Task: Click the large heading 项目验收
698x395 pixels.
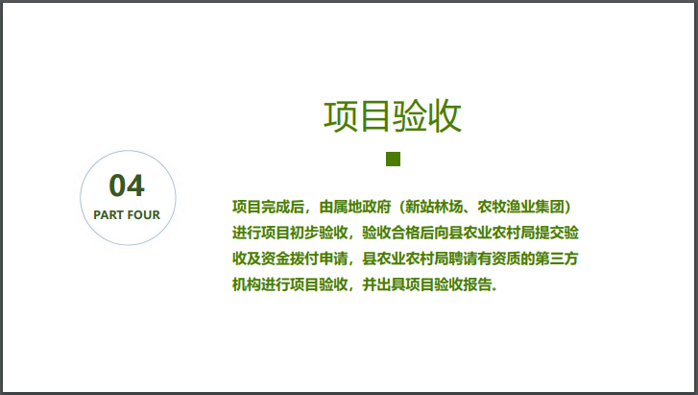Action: tap(393, 116)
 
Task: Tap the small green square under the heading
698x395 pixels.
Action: tap(393, 159)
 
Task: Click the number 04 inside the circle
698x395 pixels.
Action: tap(127, 185)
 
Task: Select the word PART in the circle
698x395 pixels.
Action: tap(108, 214)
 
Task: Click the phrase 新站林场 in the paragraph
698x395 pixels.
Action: tap(436, 206)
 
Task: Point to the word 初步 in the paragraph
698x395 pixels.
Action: tap(300, 233)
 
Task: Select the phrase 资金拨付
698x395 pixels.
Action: tap(285, 259)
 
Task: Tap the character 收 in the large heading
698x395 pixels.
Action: tap(445, 116)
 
